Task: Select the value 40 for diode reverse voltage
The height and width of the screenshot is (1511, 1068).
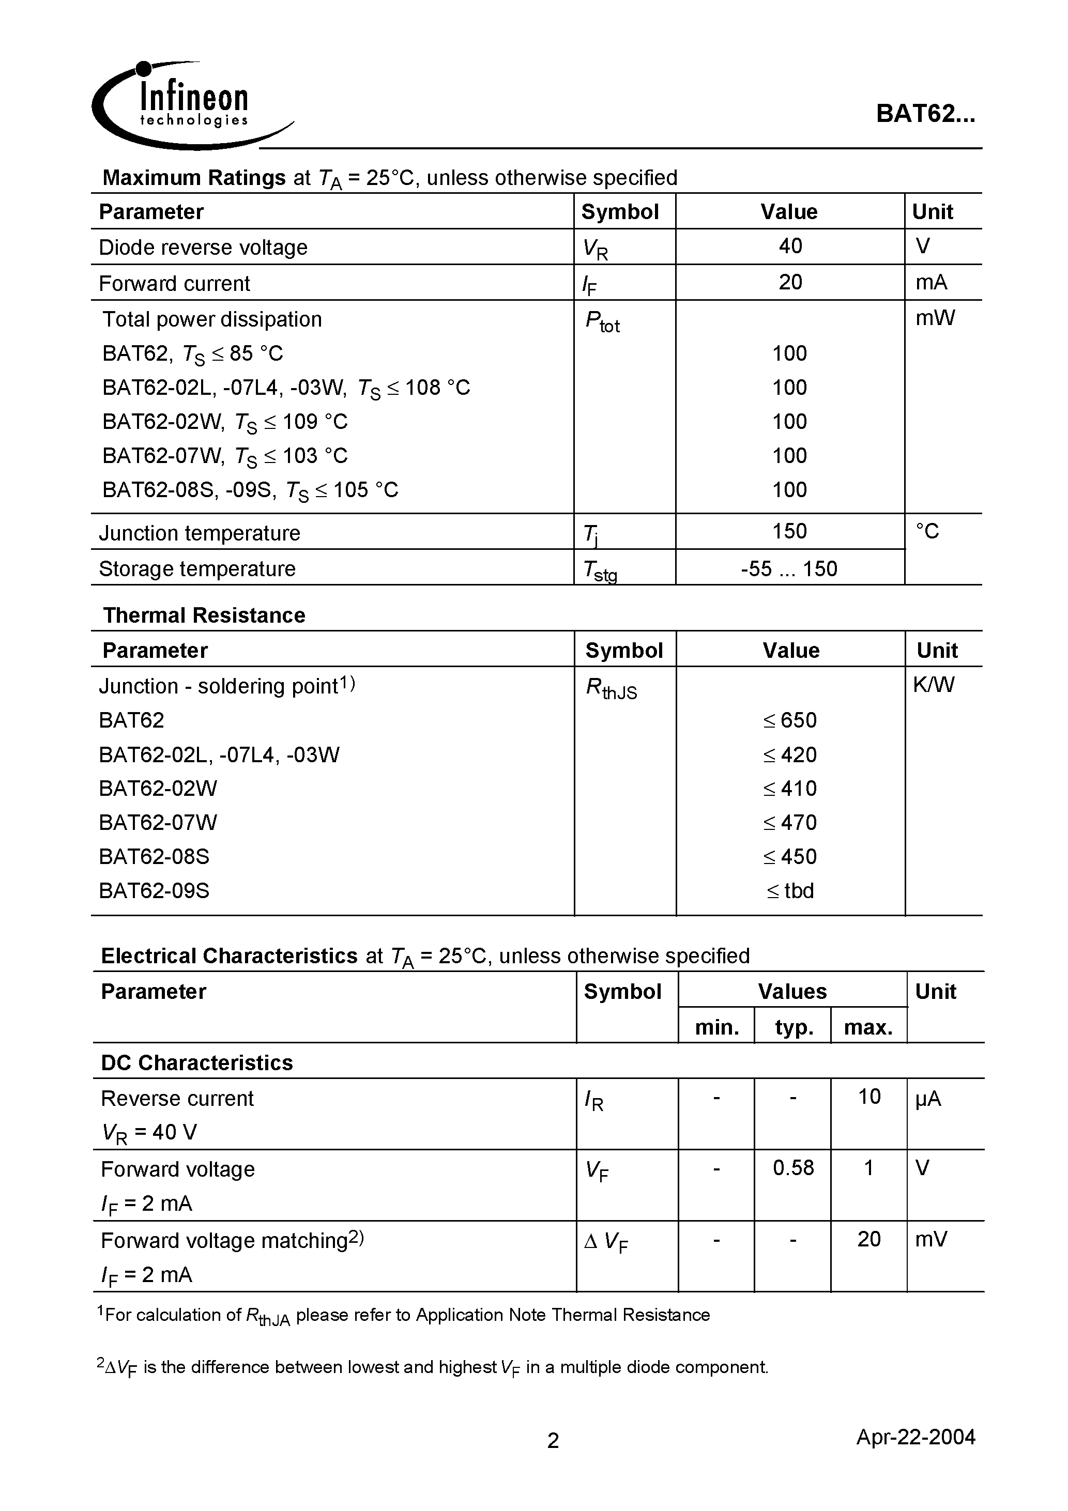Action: coord(789,246)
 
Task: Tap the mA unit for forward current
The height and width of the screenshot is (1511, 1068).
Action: coord(931,282)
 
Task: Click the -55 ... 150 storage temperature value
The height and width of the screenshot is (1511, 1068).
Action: coord(789,568)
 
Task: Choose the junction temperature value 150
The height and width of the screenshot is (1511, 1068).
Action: coord(789,531)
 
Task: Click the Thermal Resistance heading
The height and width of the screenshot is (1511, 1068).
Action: coord(204,615)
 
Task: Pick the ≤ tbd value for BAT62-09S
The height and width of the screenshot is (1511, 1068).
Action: coord(789,891)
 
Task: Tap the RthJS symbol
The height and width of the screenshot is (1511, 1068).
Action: coord(611,688)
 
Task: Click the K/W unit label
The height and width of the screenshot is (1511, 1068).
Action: coord(933,685)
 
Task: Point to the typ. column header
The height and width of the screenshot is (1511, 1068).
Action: coord(794,1028)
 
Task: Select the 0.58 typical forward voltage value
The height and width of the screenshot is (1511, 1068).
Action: coord(793,1168)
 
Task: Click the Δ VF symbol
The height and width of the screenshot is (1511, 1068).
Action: coord(606,1242)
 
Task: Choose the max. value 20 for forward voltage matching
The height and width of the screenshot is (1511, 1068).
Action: coord(868,1239)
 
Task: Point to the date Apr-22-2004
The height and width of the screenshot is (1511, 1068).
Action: coord(915,1437)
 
